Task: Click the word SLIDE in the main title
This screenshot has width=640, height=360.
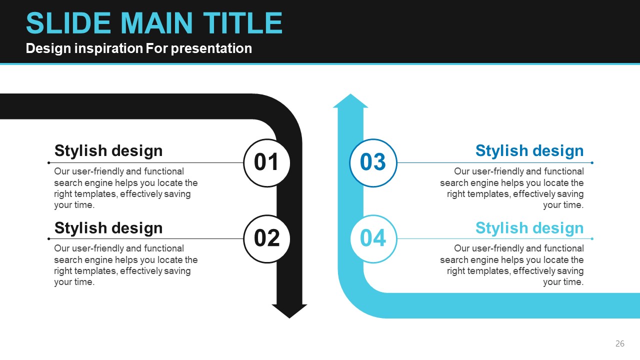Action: tap(68, 23)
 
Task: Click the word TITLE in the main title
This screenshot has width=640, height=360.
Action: tap(242, 23)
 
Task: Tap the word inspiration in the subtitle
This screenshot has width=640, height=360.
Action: tap(108, 48)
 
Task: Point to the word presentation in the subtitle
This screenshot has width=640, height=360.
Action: tap(211, 48)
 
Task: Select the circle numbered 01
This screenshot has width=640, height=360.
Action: tap(267, 163)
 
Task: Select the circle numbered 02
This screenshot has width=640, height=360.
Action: tap(267, 239)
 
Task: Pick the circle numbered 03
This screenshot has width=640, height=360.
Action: tap(373, 163)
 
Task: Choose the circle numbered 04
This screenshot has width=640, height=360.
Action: tap(373, 239)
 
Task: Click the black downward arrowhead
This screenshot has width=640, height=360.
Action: tap(289, 311)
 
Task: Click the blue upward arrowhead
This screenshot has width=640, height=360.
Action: tap(350, 100)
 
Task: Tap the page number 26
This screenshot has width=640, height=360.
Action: tap(619, 343)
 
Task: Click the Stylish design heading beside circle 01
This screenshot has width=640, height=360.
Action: tap(108, 150)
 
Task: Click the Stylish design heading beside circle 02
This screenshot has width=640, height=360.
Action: tap(108, 228)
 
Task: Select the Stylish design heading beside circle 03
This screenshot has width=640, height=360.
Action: tap(529, 150)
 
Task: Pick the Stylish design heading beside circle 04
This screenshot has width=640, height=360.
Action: tap(529, 228)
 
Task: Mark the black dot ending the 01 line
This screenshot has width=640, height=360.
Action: tap(49, 163)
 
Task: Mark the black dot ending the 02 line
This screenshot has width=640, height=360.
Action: tap(49, 239)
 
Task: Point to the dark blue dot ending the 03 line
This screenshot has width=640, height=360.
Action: tap(592, 163)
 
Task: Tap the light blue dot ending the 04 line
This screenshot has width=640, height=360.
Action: tap(592, 239)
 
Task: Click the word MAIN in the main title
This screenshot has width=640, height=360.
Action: tap(156, 23)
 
